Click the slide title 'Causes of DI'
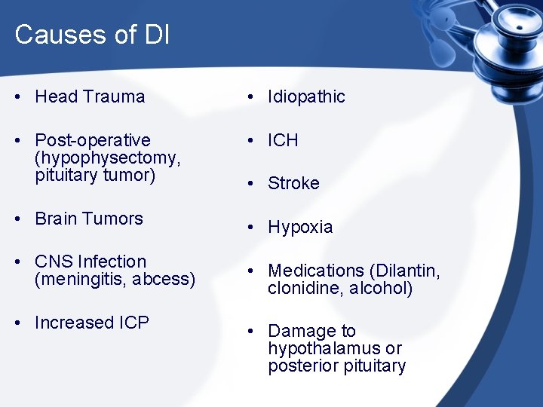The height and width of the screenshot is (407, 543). (92, 35)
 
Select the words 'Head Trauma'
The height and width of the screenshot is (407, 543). (90, 96)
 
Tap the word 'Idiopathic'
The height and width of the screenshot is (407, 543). (306, 96)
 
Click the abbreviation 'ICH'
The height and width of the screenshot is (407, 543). (283, 140)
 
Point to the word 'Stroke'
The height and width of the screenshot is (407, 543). (293, 183)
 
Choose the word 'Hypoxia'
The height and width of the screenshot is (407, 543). (300, 227)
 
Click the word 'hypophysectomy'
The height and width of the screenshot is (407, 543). (106, 158)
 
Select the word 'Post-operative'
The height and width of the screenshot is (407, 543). (93, 140)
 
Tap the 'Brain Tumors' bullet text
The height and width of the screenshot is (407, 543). (89, 219)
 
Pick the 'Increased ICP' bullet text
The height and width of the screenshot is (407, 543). (92, 323)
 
